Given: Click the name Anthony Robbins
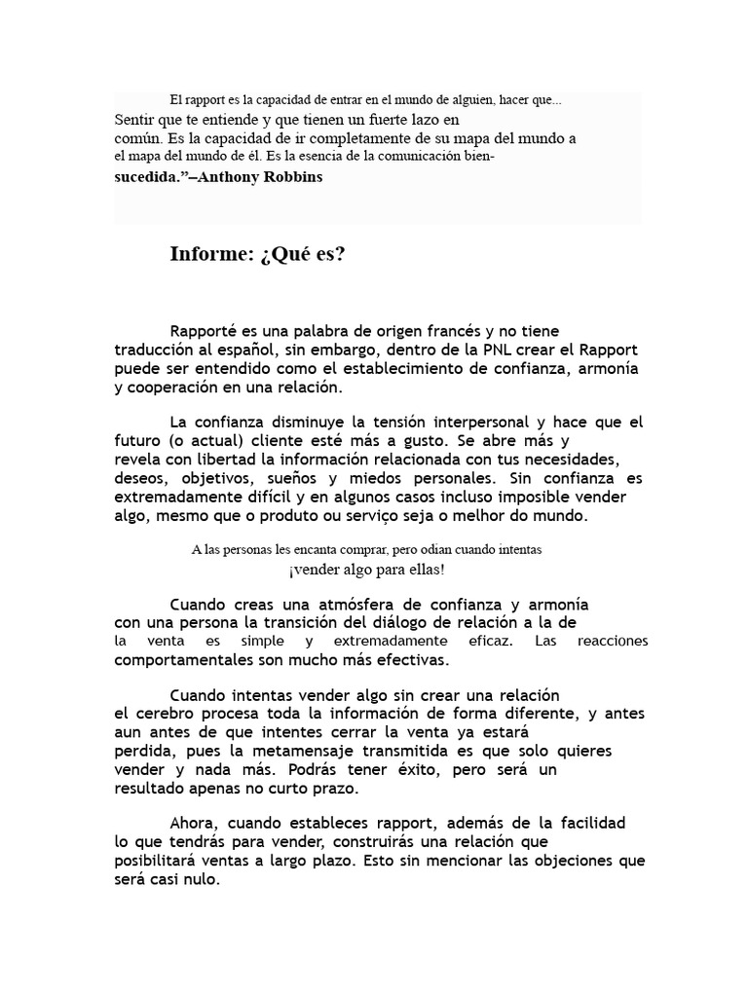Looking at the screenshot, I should pyautogui.click(x=261, y=178).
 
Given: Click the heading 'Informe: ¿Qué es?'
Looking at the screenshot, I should pyautogui.click(x=257, y=255).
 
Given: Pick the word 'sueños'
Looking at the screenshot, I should pyautogui.click(x=322, y=478).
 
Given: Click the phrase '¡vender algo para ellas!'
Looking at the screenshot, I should pyautogui.click(x=366, y=569).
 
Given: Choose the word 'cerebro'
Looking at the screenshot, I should pyautogui.click(x=161, y=714).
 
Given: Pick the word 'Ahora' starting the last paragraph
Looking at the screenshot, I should pyautogui.click(x=194, y=824).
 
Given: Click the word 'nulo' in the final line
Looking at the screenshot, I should pyautogui.click(x=203, y=879).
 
